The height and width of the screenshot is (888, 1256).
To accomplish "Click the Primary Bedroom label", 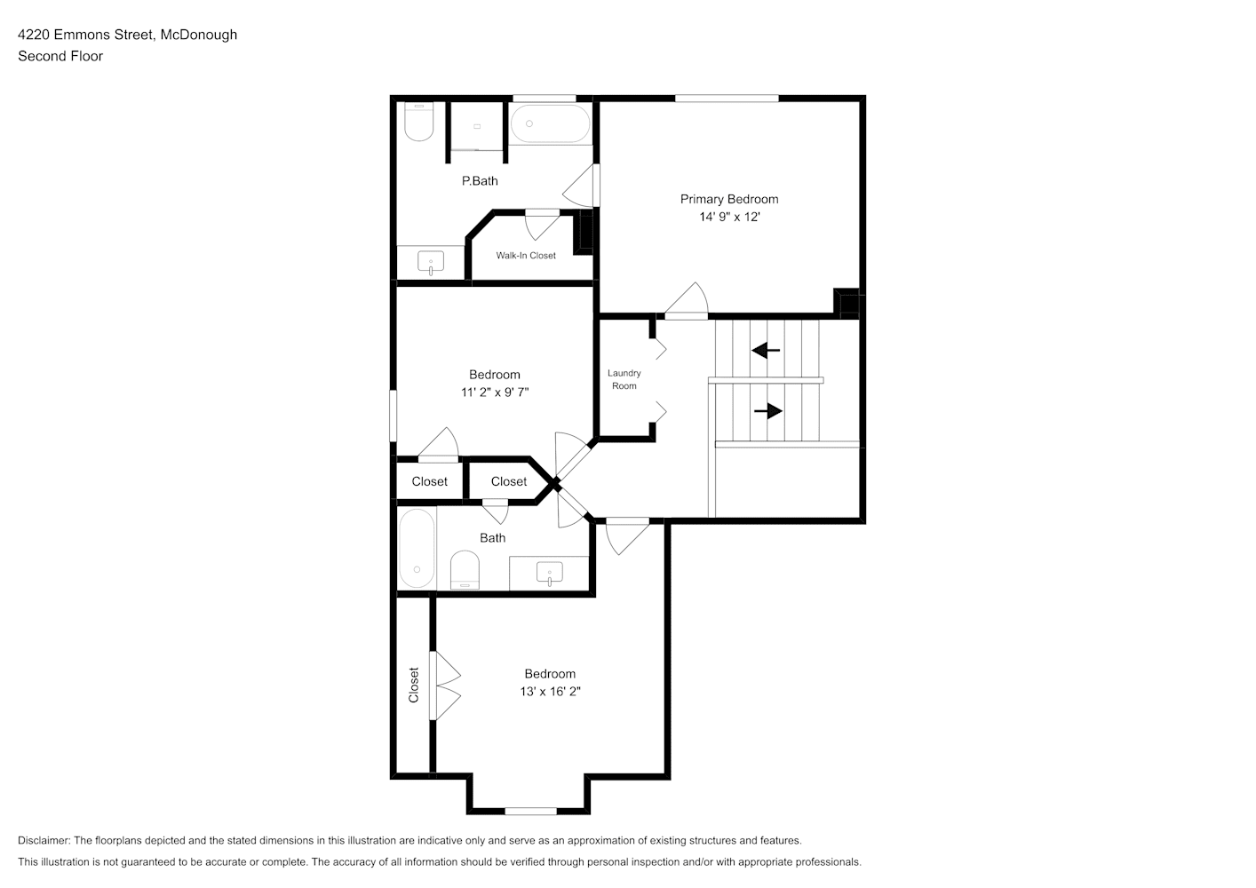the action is [x=729, y=199].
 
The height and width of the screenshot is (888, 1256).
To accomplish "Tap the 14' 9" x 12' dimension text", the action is [x=729, y=217].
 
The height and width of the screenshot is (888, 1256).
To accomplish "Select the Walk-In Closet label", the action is [x=526, y=256].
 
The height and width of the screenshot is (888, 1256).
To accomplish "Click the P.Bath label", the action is [x=480, y=180].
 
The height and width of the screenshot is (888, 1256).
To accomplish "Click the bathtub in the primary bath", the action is [x=550, y=124].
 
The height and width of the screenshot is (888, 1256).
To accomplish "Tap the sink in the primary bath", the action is [x=431, y=262].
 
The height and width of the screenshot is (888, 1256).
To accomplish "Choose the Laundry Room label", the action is [x=624, y=379].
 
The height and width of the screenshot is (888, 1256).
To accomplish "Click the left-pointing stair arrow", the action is [x=766, y=351].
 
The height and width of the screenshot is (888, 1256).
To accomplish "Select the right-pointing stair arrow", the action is [x=768, y=411].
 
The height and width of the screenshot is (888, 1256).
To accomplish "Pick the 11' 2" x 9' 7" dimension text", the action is [x=495, y=392].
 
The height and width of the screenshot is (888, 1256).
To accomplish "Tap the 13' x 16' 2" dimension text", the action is [x=550, y=691].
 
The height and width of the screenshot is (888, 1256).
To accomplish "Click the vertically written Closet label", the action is [x=413, y=685].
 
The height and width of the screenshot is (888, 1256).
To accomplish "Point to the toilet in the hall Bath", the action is [x=465, y=569].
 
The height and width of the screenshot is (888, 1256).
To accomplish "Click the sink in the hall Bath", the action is [x=550, y=574].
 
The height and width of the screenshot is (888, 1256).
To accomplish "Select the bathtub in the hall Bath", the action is [x=417, y=548].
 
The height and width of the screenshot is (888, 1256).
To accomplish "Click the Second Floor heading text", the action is [x=60, y=56].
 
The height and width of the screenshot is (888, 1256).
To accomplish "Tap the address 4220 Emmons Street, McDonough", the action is [x=127, y=35].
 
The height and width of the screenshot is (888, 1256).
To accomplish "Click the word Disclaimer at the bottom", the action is [x=44, y=840].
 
